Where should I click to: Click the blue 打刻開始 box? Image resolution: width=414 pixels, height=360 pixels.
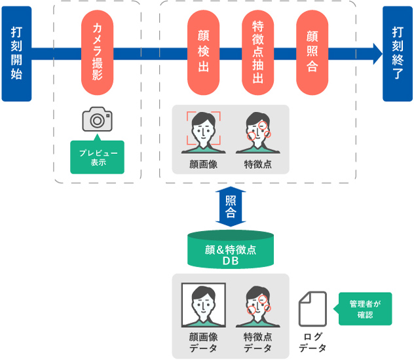(x=16, y=54)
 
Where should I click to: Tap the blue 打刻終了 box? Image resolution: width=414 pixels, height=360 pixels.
(x=398, y=54)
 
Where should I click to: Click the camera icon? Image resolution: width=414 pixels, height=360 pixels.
(x=97, y=120)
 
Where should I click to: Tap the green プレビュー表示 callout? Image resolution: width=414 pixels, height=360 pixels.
(x=97, y=157)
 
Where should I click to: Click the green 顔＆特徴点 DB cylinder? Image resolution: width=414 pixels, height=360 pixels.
(x=230, y=249)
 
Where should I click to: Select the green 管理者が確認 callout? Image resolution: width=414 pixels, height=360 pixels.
(x=366, y=309)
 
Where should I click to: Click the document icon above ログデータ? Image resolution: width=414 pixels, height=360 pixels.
(x=312, y=309)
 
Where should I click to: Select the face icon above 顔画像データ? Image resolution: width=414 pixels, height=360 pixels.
(x=203, y=305)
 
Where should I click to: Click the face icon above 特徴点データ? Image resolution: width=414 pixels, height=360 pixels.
(x=257, y=305)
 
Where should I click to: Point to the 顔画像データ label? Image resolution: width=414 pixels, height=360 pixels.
(x=203, y=342)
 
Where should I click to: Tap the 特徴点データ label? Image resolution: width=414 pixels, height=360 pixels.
(x=257, y=342)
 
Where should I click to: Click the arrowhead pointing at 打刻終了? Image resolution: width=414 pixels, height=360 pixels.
(x=377, y=54)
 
